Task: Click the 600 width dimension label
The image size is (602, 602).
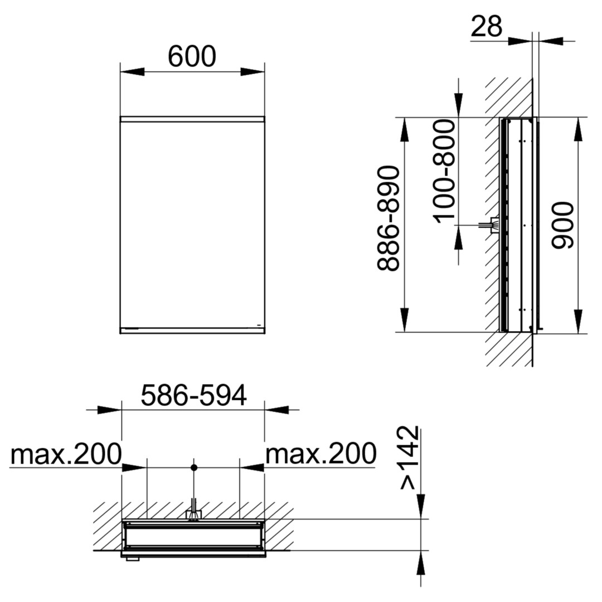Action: pyautogui.click(x=192, y=56)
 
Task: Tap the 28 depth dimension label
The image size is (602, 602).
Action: pyautogui.click(x=486, y=26)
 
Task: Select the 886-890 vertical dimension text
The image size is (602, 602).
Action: pyautogui.click(x=389, y=219)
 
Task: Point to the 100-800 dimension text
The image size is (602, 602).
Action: pyautogui.click(x=444, y=171)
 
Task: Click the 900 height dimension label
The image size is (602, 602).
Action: pyautogui.click(x=562, y=225)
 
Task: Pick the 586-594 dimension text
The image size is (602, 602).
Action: pyautogui.click(x=193, y=395)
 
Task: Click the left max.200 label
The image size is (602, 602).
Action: pyautogui.click(x=66, y=454)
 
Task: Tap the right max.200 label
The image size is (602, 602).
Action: pyautogui.click(x=321, y=454)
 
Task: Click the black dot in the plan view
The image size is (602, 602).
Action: pyautogui.click(x=194, y=468)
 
